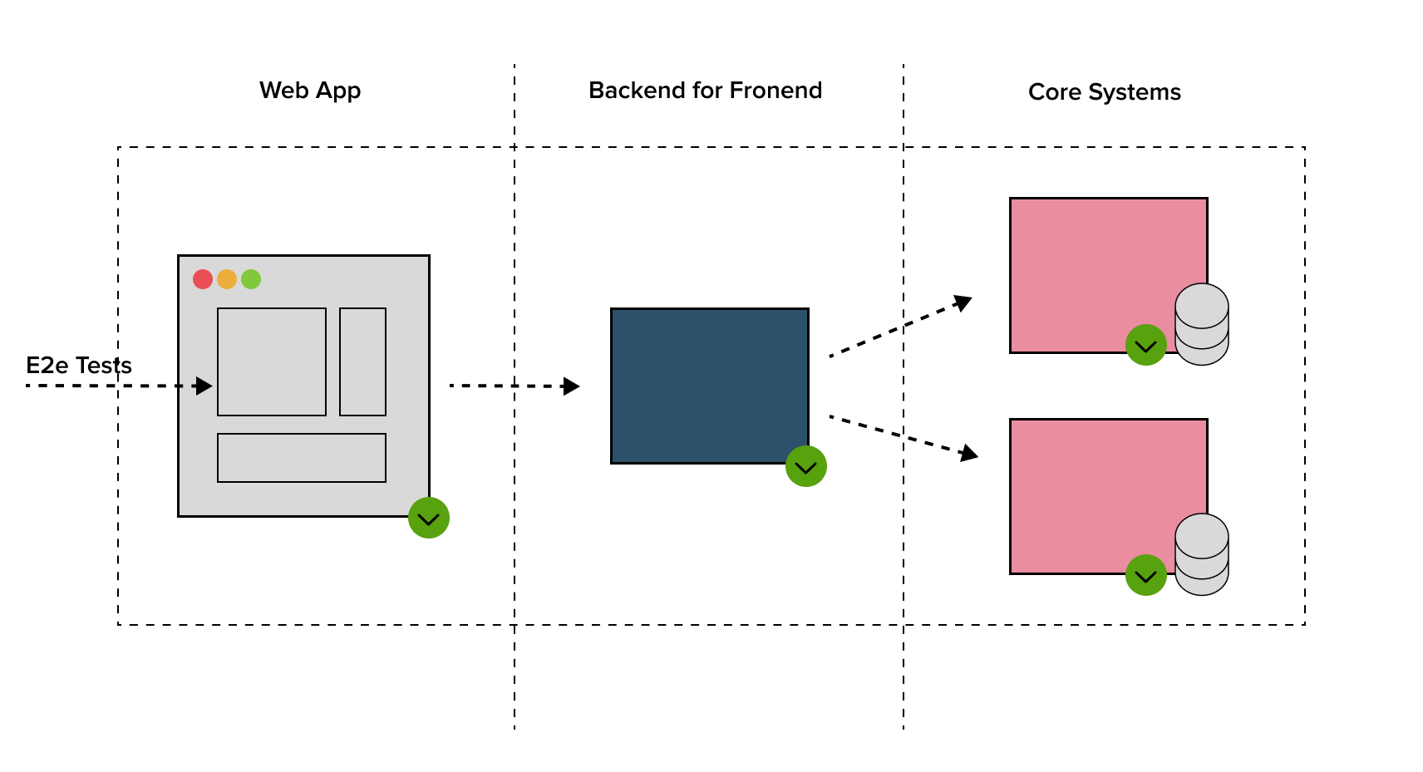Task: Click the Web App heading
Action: (x=310, y=91)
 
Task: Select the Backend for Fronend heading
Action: (x=705, y=91)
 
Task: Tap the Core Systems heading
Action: (x=1104, y=92)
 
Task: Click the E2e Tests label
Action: (x=79, y=366)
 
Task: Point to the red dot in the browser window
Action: (x=203, y=279)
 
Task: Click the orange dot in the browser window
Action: (x=227, y=279)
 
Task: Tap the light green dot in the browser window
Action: (x=251, y=279)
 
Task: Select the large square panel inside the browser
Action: (x=272, y=361)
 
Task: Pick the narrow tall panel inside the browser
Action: (x=362, y=361)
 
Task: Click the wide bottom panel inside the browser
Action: (x=302, y=458)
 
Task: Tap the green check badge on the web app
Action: (x=429, y=518)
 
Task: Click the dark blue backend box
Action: (x=709, y=386)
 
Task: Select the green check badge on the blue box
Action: (x=806, y=466)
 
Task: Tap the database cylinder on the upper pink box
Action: (x=1202, y=324)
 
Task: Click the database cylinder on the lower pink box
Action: (x=1202, y=554)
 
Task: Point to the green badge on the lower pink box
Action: (x=1146, y=575)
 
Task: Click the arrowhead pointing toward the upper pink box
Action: (x=963, y=302)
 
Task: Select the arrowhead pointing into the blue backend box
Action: (x=571, y=386)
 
